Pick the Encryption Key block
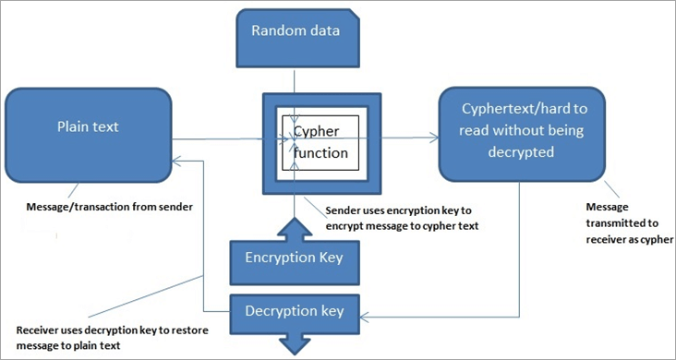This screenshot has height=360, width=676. click(x=294, y=258)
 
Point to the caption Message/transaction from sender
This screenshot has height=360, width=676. click(x=109, y=206)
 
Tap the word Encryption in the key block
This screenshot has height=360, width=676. click(x=278, y=258)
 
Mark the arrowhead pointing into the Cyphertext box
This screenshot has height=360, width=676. click(x=434, y=139)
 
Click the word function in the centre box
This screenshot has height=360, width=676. click(x=322, y=152)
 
